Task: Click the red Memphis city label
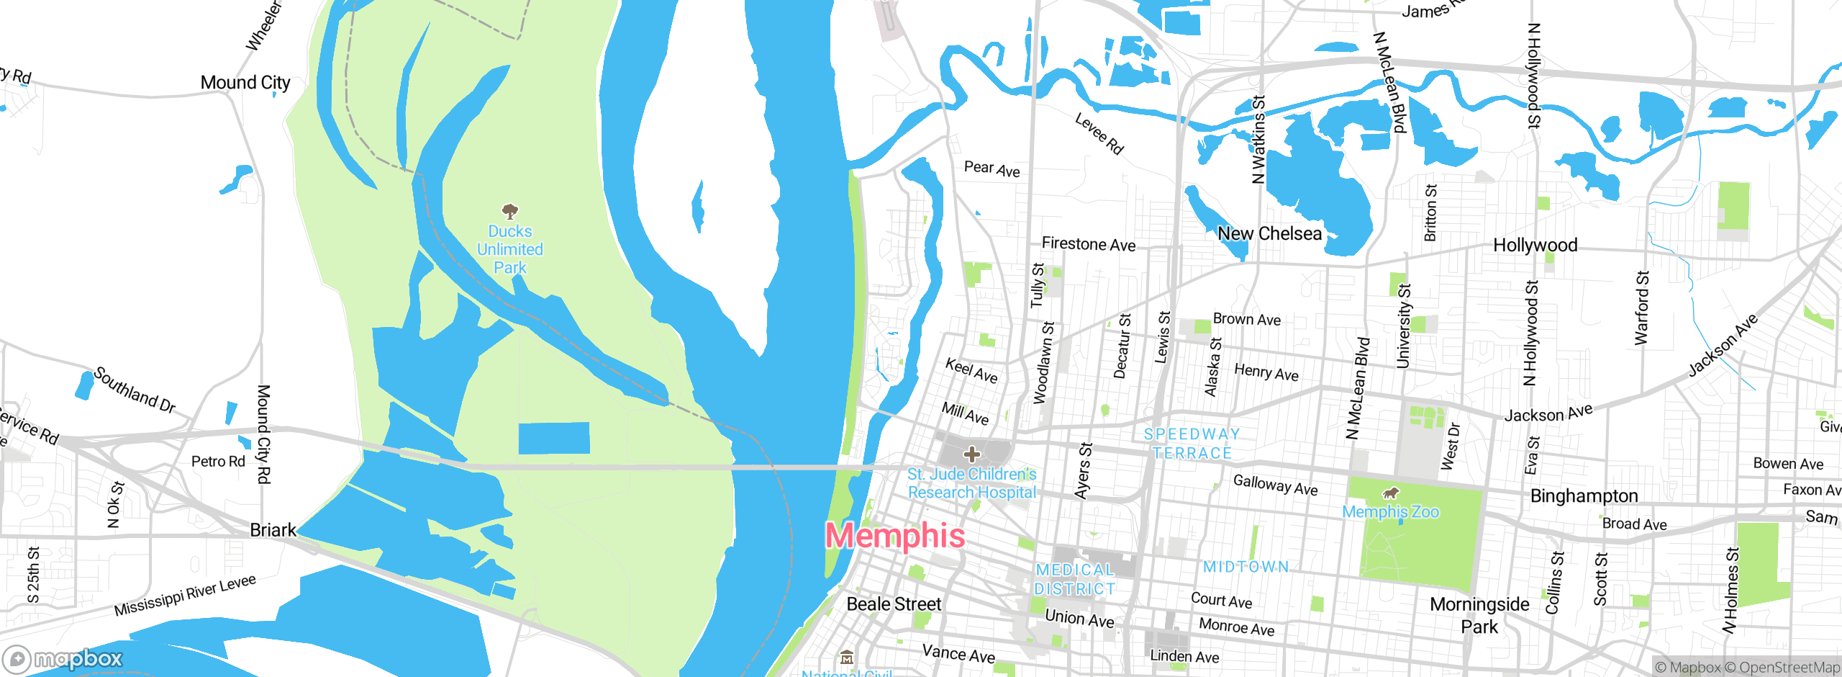895,536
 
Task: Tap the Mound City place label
245,83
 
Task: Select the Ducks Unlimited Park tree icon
510,211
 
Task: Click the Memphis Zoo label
1390,512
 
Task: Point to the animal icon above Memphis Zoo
1391,493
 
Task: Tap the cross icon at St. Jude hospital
972,454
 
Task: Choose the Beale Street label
894,604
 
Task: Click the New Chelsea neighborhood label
1269,234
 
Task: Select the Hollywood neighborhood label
1535,246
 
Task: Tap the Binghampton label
1584,496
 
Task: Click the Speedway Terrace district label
1192,444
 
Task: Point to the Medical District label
1075,580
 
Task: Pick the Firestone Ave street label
1089,245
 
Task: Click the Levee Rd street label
1099,133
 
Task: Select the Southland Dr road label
135,390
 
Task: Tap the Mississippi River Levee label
185,596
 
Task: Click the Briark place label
273,531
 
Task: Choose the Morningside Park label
1479,616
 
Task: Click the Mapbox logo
63,658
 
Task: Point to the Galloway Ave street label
1275,485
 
